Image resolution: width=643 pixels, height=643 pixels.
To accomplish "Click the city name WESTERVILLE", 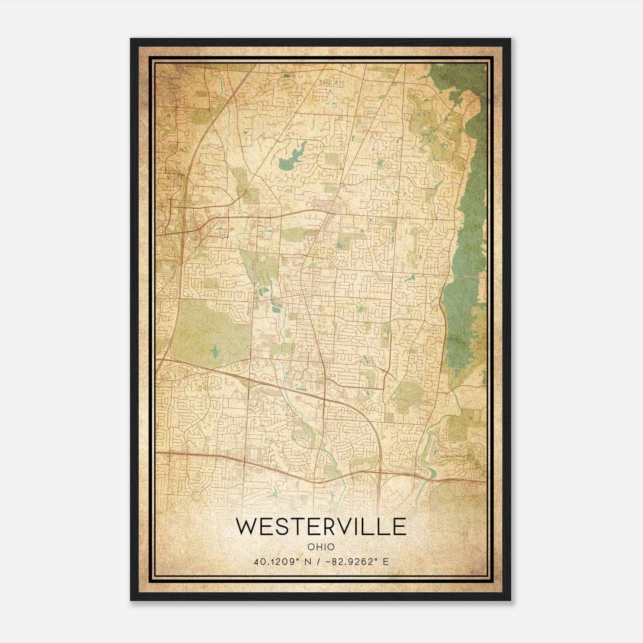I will coord(320,527).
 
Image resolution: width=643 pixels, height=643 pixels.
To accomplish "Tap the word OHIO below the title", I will coord(321,547).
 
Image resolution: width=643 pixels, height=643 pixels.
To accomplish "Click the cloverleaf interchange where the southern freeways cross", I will coord(379,472).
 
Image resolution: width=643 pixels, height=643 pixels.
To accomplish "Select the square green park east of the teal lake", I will coord(332,159).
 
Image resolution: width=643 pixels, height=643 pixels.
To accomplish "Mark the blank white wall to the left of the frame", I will coord(64,321).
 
